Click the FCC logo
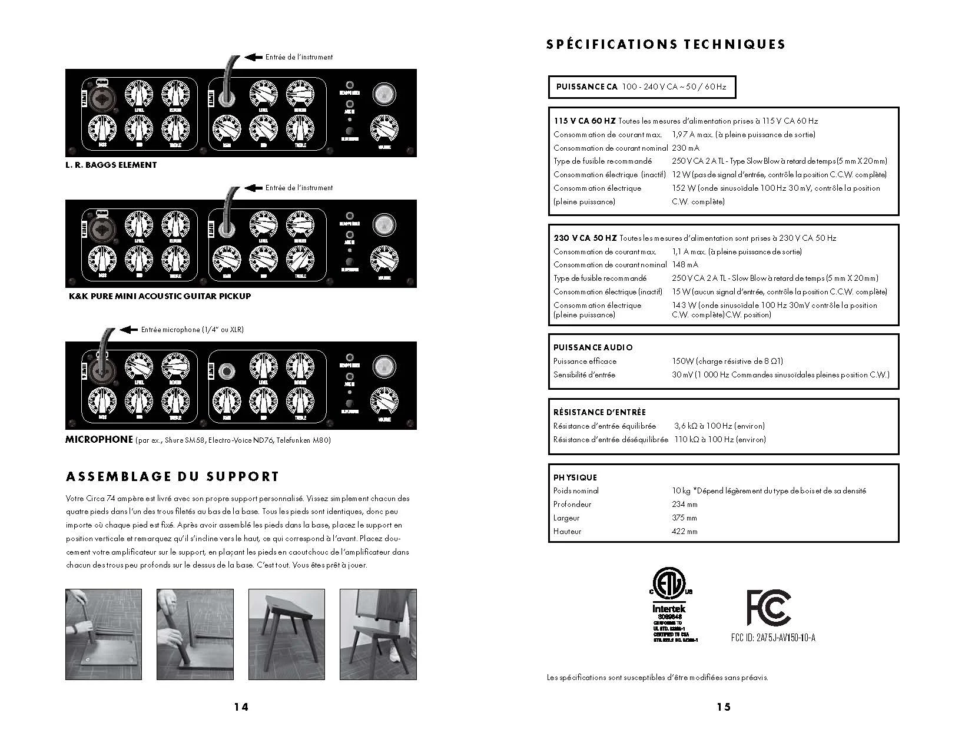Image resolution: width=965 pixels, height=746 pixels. click(x=768, y=607)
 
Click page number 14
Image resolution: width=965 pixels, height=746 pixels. click(x=241, y=707)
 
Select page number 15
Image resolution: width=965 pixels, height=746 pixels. click(x=724, y=707)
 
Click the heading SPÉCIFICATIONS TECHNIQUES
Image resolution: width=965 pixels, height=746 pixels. click(x=665, y=44)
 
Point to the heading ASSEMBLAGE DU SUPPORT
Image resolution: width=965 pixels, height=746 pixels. click(x=173, y=476)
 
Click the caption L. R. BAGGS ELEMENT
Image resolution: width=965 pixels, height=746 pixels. click(x=111, y=165)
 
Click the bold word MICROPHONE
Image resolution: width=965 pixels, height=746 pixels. click(x=99, y=439)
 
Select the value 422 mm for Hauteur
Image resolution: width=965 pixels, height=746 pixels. click(x=684, y=531)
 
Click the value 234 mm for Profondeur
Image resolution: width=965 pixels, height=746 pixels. click(x=684, y=504)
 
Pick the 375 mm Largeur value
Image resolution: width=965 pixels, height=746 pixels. click(x=684, y=518)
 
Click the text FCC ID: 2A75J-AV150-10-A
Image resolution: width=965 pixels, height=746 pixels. click(x=772, y=638)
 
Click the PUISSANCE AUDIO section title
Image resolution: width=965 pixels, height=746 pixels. click(x=593, y=347)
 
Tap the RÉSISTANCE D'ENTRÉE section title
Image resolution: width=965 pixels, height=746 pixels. click(x=599, y=412)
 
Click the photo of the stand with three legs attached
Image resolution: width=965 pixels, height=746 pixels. click(x=286, y=634)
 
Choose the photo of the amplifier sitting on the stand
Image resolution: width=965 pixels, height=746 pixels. click(x=378, y=634)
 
